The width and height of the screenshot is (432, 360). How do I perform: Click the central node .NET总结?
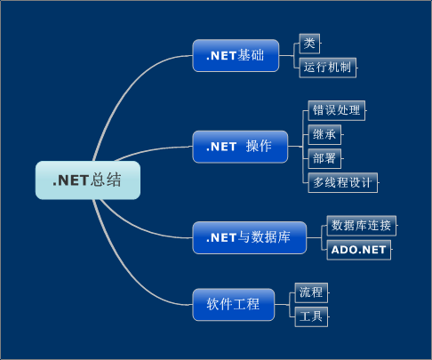pos(87,180)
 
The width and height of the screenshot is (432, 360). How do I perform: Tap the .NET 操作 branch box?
pos(240,147)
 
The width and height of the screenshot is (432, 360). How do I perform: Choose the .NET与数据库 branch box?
pos(248,237)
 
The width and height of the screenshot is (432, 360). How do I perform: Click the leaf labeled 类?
pos(309,43)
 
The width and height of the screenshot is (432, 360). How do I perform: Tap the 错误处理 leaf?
pos(336,110)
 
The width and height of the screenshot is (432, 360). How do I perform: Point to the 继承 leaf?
pos(324,134)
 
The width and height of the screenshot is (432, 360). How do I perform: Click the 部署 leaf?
pos(324,158)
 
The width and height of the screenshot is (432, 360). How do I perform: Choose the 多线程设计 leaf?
pos(343,183)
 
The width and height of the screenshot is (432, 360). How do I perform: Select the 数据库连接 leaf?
pos(361,225)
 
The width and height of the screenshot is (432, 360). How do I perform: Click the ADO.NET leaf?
pos(358,250)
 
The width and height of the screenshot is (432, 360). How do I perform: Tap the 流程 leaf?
pos(311,292)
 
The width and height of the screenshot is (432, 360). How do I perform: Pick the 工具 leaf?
pos(311,316)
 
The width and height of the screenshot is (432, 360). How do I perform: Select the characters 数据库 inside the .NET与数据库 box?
pos(270,237)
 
